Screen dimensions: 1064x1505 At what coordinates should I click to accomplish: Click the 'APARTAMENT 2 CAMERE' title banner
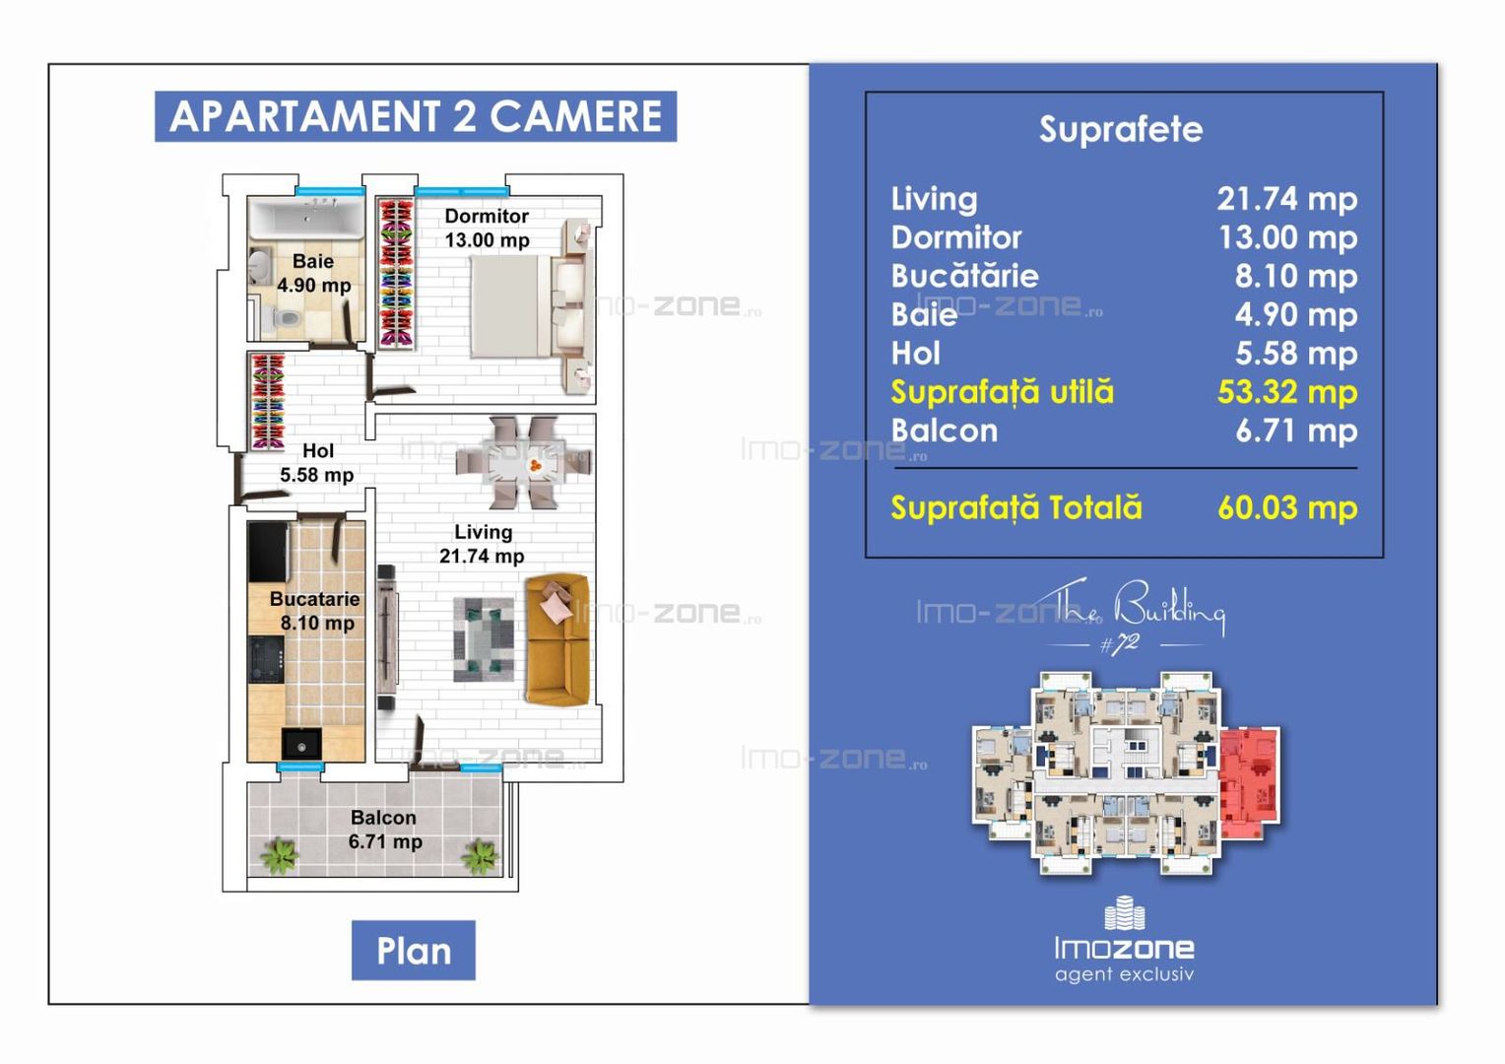(x=415, y=116)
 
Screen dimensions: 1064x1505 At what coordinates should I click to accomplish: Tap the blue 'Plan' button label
(x=413, y=951)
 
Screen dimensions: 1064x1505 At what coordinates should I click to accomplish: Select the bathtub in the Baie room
(x=305, y=217)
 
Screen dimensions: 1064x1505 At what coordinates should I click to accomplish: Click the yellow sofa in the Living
(x=556, y=640)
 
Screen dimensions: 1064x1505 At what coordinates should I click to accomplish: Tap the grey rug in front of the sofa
(x=484, y=639)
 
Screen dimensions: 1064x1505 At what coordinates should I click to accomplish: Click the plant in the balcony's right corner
(x=481, y=855)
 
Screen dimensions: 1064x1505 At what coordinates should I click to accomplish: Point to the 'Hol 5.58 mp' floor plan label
(x=317, y=463)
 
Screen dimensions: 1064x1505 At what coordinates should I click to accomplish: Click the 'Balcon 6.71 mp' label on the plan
(x=384, y=830)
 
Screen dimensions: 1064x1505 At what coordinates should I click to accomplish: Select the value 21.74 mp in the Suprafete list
(x=1286, y=199)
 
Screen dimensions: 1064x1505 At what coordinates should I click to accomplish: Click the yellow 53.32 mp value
(x=1286, y=392)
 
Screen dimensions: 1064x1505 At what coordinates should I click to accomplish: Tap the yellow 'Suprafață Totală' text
(x=1015, y=508)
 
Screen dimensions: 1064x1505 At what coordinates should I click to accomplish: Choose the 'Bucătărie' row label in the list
(x=964, y=276)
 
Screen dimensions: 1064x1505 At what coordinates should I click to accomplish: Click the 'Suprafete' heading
(x=1121, y=129)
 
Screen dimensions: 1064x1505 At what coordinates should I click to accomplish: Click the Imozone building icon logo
(x=1124, y=913)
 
